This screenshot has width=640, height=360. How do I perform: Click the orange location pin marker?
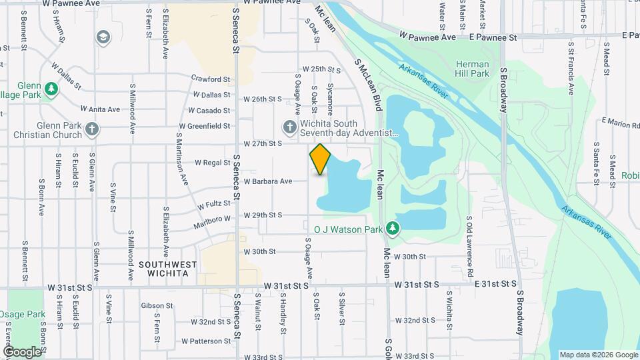click(x=320, y=159)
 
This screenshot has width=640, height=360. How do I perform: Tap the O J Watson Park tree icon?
click(x=393, y=229)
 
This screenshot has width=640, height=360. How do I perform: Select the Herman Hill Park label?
click(x=472, y=69)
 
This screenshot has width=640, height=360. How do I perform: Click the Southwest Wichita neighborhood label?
click(x=168, y=269)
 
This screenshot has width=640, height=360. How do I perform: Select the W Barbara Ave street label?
click(x=267, y=181)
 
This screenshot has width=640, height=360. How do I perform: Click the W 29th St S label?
click(x=263, y=215)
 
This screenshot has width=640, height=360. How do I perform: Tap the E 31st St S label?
click(x=495, y=285)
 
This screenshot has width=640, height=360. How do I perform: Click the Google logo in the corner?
click(x=22, y=351)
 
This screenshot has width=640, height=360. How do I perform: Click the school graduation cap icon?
click(x=103, y=37)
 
